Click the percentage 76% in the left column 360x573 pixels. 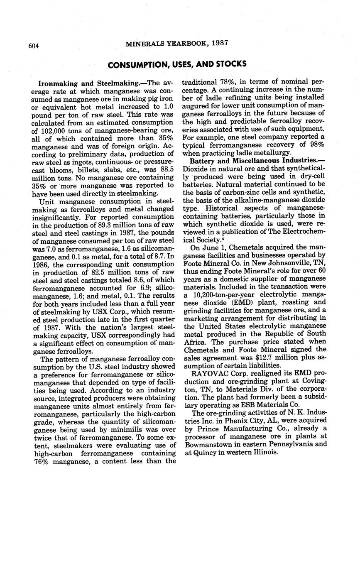click(x=41, y=461)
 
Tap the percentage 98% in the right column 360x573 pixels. click(x=316, y=144)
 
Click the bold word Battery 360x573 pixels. click(x=203, y=160)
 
